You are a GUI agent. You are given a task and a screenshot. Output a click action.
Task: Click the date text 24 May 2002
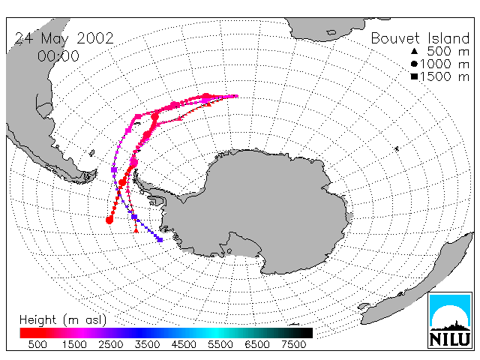(x=64, y=39)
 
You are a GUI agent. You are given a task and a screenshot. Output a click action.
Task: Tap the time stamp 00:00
(x=58, y=56)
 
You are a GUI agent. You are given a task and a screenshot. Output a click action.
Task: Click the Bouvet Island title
(x=420, y=38)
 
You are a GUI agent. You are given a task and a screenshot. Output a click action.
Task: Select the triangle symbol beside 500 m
(x=414, y=51)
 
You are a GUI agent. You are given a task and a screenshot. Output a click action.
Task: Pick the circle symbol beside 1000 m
(x=414, y=64)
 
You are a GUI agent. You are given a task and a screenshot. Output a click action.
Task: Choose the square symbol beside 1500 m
(x=414, y=76)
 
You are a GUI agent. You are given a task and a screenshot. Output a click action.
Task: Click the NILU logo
(x=450, y=320)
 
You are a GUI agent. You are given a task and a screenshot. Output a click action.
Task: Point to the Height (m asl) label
(x=63, y=320)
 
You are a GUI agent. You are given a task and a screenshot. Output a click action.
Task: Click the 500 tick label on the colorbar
(x=37, y=344)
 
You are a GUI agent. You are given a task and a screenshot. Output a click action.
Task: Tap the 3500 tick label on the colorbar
(x=147, y=344)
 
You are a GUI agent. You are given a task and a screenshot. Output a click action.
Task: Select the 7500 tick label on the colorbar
(x=293, y=344)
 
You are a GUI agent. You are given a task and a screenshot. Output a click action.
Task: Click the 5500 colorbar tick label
(x=220, y=344)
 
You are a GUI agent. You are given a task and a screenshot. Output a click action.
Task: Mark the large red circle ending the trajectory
(x=109, y=220)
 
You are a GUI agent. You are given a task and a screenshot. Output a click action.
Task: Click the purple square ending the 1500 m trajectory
(x=160, y=240)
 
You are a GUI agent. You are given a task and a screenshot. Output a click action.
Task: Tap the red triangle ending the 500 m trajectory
(x=136, y=230)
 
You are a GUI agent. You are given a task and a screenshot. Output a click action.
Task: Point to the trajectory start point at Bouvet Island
(x=236, y=96)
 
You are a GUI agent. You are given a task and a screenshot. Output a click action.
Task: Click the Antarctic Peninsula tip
(x=135, y=173)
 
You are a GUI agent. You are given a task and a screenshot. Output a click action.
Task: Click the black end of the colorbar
(x=306, y=333)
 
